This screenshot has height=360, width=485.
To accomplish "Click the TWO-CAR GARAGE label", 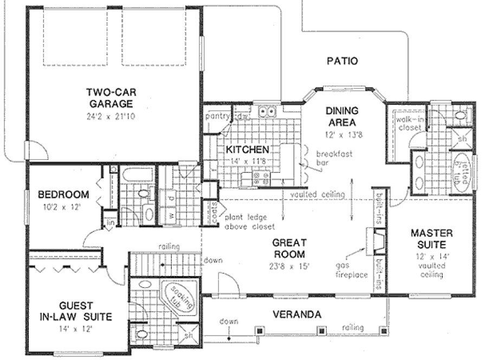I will [x=112, y=98].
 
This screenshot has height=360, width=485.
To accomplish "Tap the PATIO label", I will [x=342, y=61].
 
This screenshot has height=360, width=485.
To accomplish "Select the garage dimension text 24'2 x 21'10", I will [x=112, y=116].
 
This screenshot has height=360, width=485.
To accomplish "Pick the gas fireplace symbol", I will [x=377, y=241].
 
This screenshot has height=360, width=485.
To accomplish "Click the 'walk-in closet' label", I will [x=409, y=123].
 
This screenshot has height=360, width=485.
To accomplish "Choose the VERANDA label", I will [x=296, y=314].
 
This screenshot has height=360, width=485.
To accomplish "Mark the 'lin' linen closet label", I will [x=109, y=223].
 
